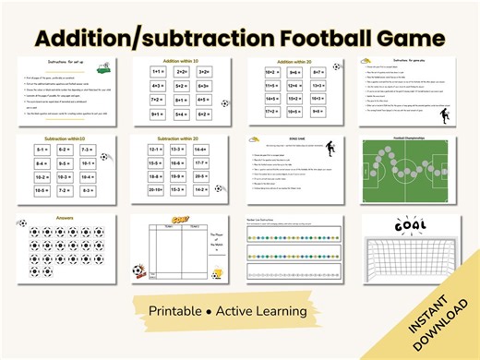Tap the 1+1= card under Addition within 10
click(157, 70)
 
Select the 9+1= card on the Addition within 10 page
click(157, 115)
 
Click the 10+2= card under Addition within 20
click(271, 70)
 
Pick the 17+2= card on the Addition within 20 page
click(271, 115)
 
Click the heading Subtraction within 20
click(180, 138)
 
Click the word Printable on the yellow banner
click(183, 311)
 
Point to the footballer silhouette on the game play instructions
click(446, 117)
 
